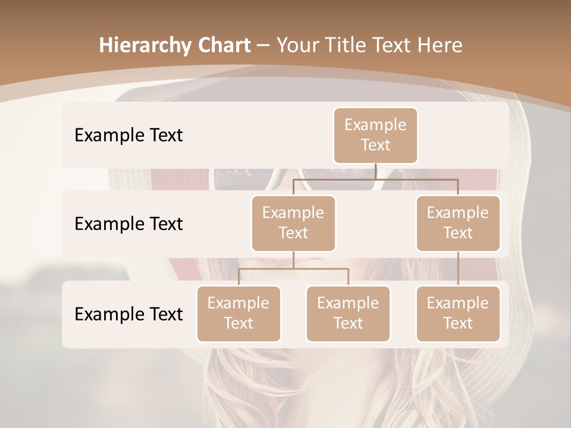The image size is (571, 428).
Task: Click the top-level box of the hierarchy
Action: coord(375,135)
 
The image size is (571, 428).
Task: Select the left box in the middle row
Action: coord(293,223)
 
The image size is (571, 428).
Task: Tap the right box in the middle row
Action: coord(458,223)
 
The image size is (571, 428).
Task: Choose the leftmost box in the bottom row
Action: coord(239,313)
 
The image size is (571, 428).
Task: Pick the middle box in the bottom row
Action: coord(348,313)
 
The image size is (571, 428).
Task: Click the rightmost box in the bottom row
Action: coord(458,313)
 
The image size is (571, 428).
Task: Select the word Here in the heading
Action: coord(440,45)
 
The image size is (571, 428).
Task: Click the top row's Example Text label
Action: coord(128,135)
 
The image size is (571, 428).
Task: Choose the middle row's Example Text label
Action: coord(128,224)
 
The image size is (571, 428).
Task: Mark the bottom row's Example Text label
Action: coord(128,314)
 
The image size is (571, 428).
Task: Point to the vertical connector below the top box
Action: coord(375,171)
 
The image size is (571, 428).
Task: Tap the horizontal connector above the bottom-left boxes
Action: coord(293,269)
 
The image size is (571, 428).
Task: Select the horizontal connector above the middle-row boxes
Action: coord(375,179)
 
